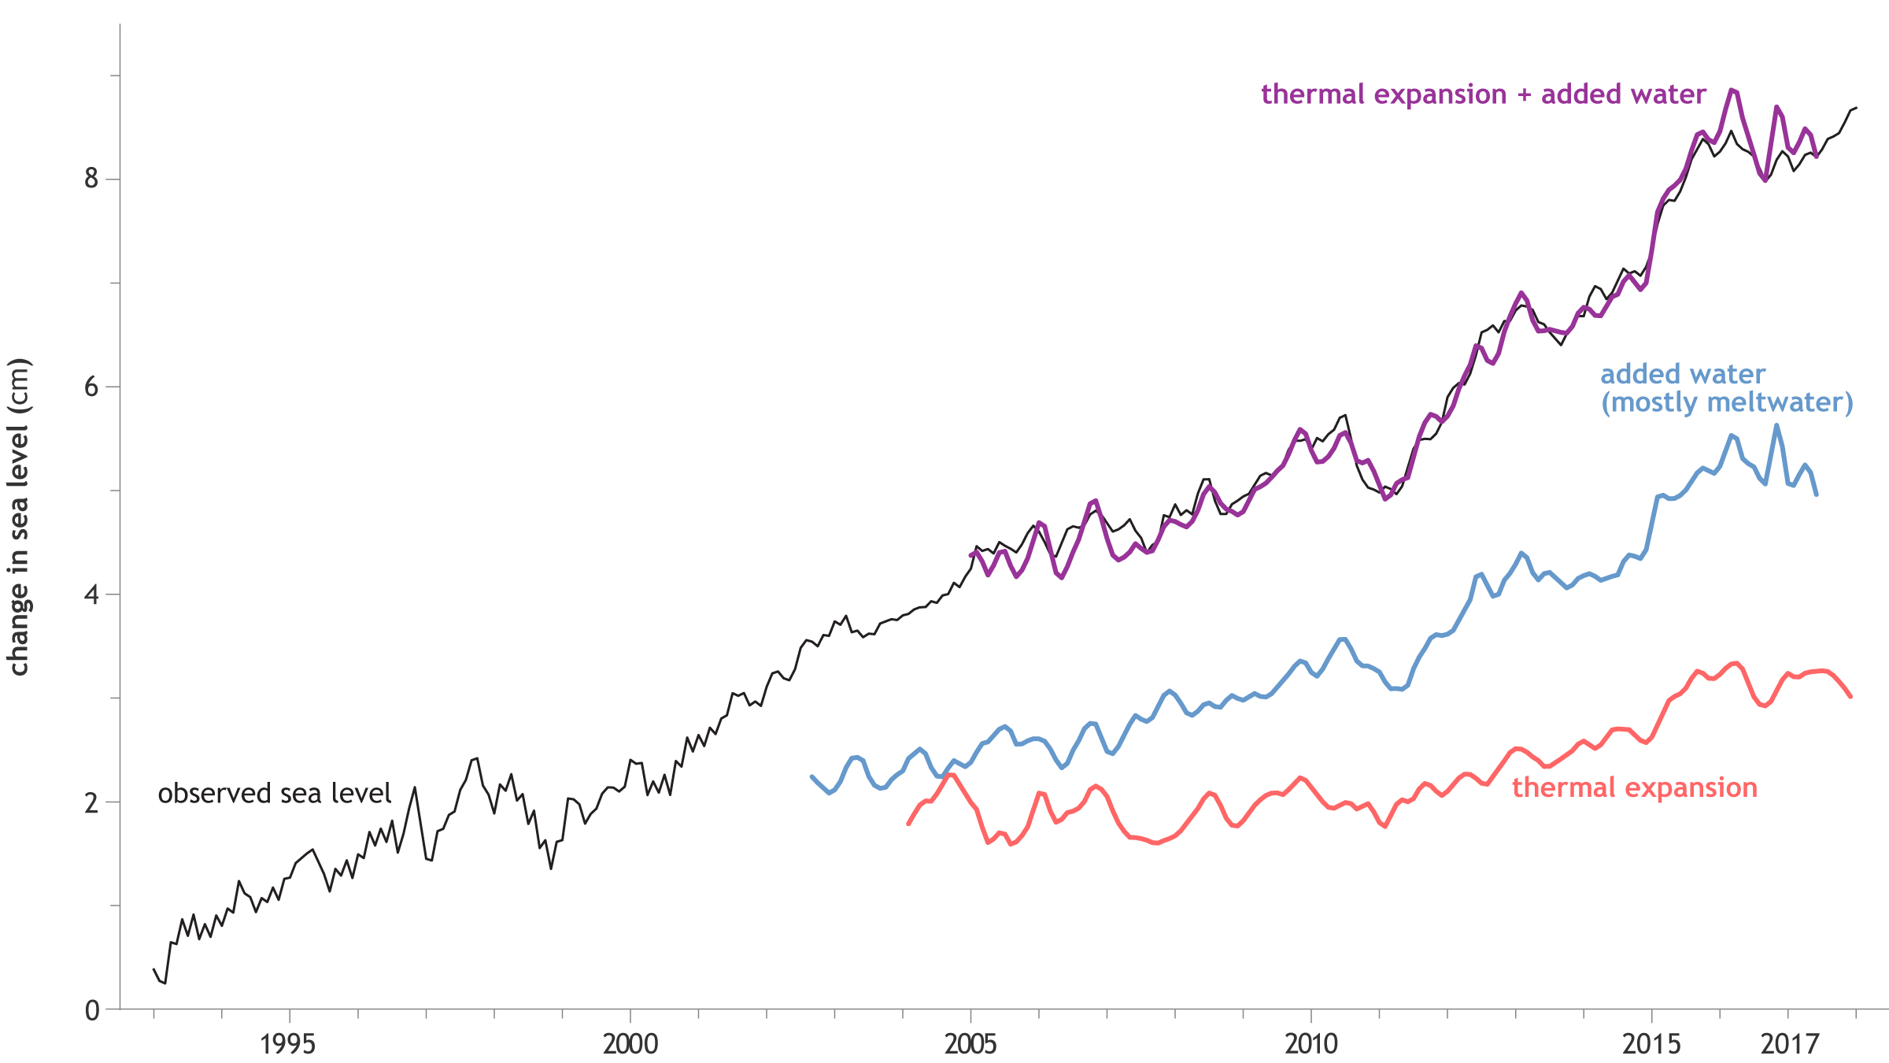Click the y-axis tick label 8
[x=92, y=179]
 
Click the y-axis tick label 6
[x=92, y=387]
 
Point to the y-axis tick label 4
[x=92, y=594]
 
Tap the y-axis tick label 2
[x=92, y=802]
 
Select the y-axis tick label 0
[x=92, y=1010]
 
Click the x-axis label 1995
[x=288, y=1044]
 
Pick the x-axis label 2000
[x=630, y=1044]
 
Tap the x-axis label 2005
[x=970, y=1044]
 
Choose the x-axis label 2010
[x=1311, y=1044]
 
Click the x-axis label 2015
[x=1651, y=1044]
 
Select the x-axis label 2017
[x=1790, y=1044]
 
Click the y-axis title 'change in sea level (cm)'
[x=19, y=517]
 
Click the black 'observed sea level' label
[x=274, y=793]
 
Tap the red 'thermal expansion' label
[x=1634, y=787]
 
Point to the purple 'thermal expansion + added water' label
[x=1483, y=94]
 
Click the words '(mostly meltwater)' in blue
[x=1727, y=402]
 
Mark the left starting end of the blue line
[x=811, y=776]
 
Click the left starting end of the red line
[x=908, y=824]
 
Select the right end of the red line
[x=1850, y=696]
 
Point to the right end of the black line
[x=1856, y=108]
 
